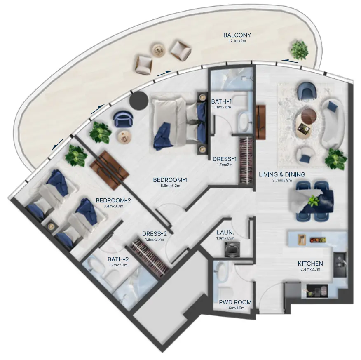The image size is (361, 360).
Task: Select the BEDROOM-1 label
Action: pos(171,180)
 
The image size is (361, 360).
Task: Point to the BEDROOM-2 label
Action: pos(113,200)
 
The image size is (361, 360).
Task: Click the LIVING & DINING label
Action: pos(282,174)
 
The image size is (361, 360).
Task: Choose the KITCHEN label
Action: pos(310,264)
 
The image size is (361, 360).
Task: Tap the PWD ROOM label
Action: pos(235,302)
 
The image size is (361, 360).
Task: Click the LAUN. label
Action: pos(225,232)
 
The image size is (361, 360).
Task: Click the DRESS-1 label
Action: pos(224,158)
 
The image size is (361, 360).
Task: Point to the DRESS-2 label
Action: pos(154,234)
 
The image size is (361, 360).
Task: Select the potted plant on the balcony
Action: pos(299,49)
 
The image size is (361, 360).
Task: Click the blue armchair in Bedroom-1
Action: pos(122,119)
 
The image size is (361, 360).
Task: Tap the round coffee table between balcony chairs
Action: pos(158,50)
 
